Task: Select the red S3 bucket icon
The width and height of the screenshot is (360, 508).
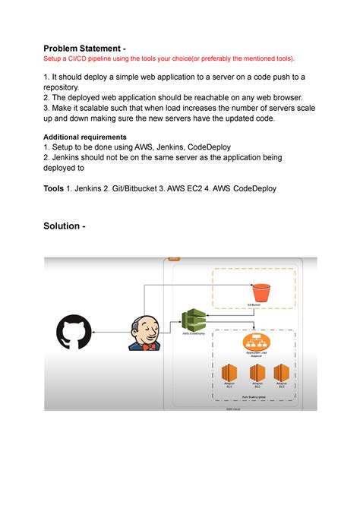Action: point(261,291)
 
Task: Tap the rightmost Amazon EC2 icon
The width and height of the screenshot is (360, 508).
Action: point(281,374)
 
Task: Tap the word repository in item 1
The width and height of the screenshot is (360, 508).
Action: point(66,87)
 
